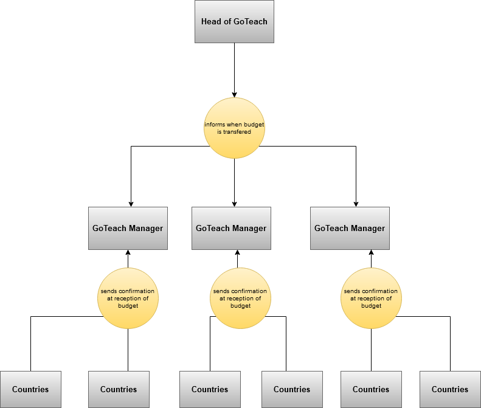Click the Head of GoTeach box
[234, 21]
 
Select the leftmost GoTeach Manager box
[128, 228]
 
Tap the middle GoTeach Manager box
[231, 228]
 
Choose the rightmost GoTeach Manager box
[350, 228]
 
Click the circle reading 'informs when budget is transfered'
[234, 128]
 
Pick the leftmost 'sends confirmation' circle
[128, 299]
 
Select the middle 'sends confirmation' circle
[240, 299]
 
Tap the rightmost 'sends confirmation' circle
[371, 299]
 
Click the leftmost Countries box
[30, 389]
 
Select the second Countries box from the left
[119, 389]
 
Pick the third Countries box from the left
[210, 389]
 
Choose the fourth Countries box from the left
[292, 389]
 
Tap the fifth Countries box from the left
[371, 389]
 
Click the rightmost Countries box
[450, 389]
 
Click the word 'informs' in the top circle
[215, 125]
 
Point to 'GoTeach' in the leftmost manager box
[109, 228]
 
